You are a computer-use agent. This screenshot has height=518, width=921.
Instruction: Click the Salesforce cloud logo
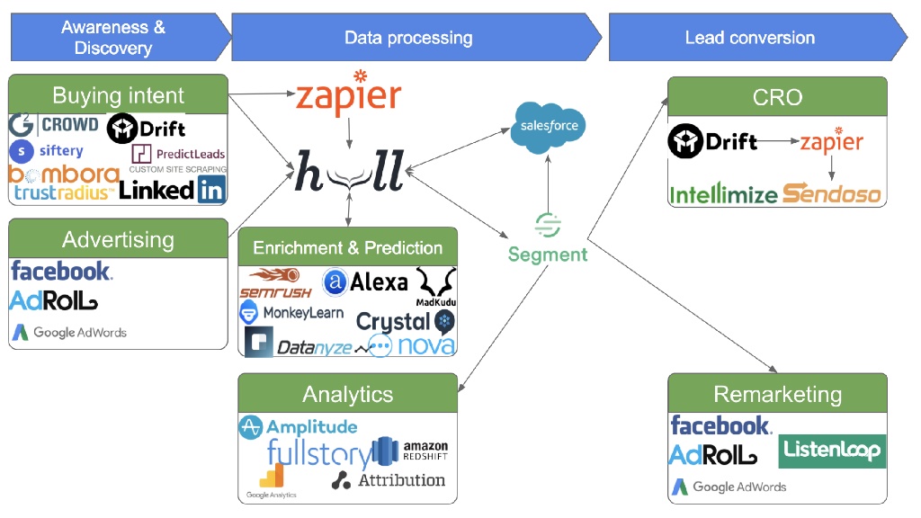(549, 127)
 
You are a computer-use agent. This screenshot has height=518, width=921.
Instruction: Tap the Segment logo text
(547, 255)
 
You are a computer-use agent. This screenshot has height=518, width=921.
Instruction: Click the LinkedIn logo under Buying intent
(172, 189)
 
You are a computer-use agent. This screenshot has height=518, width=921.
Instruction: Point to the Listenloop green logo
(832, 450)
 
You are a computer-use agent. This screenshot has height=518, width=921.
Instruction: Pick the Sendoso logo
(831, 192)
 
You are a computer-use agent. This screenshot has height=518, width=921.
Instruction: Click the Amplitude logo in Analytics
(298, 427)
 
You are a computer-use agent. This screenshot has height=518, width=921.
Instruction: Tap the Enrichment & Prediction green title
(347, 247)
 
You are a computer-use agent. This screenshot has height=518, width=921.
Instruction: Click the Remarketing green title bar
(777, 394)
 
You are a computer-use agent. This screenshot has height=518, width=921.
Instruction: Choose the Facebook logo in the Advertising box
(61, 270)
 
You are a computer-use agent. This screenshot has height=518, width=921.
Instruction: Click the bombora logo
(63, 174)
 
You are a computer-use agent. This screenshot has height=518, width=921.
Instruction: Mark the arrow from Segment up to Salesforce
(548, 184)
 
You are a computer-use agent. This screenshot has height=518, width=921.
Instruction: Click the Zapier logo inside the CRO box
(831, 142)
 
